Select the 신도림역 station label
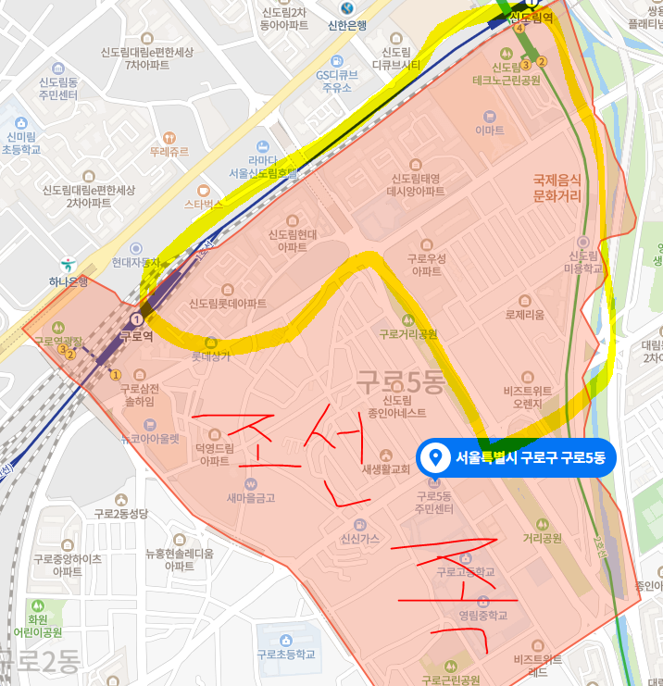point(532,18)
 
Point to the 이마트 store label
point(490,131)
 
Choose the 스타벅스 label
point(205,203)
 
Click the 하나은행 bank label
point(67,281)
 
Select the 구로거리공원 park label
point(407,333)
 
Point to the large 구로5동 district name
point(400,380)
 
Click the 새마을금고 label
point(251,497)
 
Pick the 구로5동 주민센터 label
point(434,503)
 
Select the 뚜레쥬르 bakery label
point(169,151)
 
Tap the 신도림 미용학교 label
point(583,261)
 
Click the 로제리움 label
point(525,314)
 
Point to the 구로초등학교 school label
point(286,654)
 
